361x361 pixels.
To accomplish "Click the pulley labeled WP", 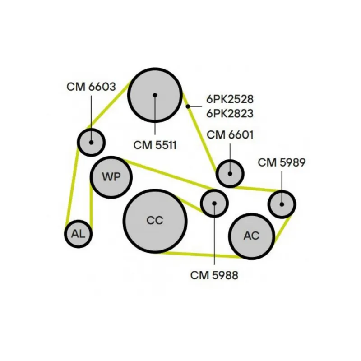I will coord(111,177).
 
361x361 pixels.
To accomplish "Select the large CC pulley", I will coord(155,221).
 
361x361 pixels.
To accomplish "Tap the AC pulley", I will coord(251,236).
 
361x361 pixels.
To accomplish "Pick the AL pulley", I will coord(78,234).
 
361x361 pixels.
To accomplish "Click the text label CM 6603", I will coord(91,87).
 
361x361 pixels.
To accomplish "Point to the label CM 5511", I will coord(155,145).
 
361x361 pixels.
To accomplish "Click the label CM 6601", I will coord(230,134).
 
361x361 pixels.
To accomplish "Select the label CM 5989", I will coord(282,162).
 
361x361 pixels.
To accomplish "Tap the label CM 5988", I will coord(214,274).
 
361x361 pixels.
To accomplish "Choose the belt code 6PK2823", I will coord(230,113).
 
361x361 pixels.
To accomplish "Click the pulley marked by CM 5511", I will coord(155,95).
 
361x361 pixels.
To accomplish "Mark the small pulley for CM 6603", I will coord(91,142).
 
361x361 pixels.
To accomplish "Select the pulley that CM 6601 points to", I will coord(230,173).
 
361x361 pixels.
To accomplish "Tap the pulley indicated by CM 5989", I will coord(282,204).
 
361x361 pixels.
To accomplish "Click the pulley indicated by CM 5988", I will coord(214,204).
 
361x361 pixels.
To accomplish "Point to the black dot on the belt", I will coord(188,106).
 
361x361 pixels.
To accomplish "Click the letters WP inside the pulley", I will coord(111,177).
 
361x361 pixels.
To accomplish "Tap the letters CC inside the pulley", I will coord(155,221).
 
